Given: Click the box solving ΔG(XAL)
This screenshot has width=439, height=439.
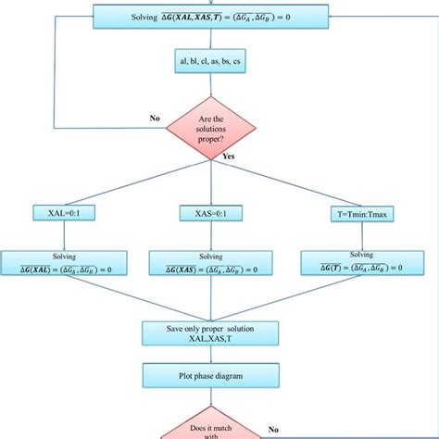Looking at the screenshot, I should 64,263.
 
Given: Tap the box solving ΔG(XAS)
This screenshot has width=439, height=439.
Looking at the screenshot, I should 212,264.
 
